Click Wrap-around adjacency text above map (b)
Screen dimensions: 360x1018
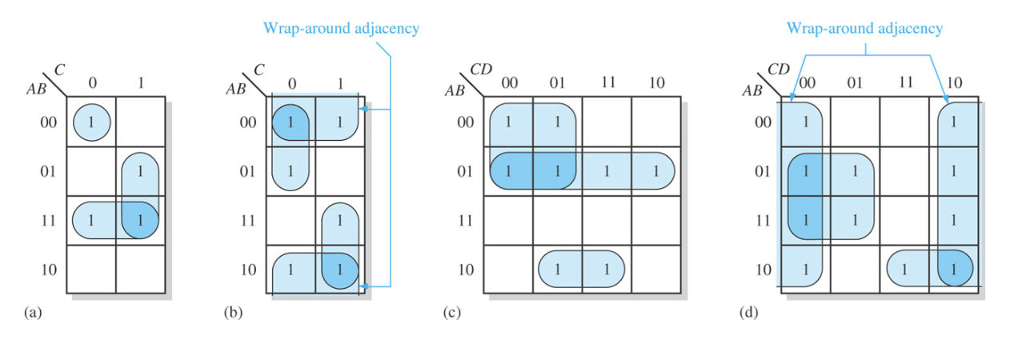pos(341,29)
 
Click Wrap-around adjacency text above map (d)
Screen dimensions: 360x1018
pos(865,29)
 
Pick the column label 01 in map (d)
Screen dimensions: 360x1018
pos(855,82)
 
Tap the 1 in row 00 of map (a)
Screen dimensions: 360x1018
pos(90,122)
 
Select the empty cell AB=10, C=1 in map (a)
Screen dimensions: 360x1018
pos(140,270)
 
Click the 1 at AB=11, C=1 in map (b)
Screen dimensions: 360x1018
pos(340,220)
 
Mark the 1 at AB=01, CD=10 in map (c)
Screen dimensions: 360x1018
pos(655,171)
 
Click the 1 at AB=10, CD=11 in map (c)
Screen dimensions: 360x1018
pos(606,270)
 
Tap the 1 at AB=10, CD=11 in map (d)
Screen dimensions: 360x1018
pos(904,270)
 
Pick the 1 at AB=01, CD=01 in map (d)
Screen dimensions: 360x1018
pos(855,171)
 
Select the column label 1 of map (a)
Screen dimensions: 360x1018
pos(140,82)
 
